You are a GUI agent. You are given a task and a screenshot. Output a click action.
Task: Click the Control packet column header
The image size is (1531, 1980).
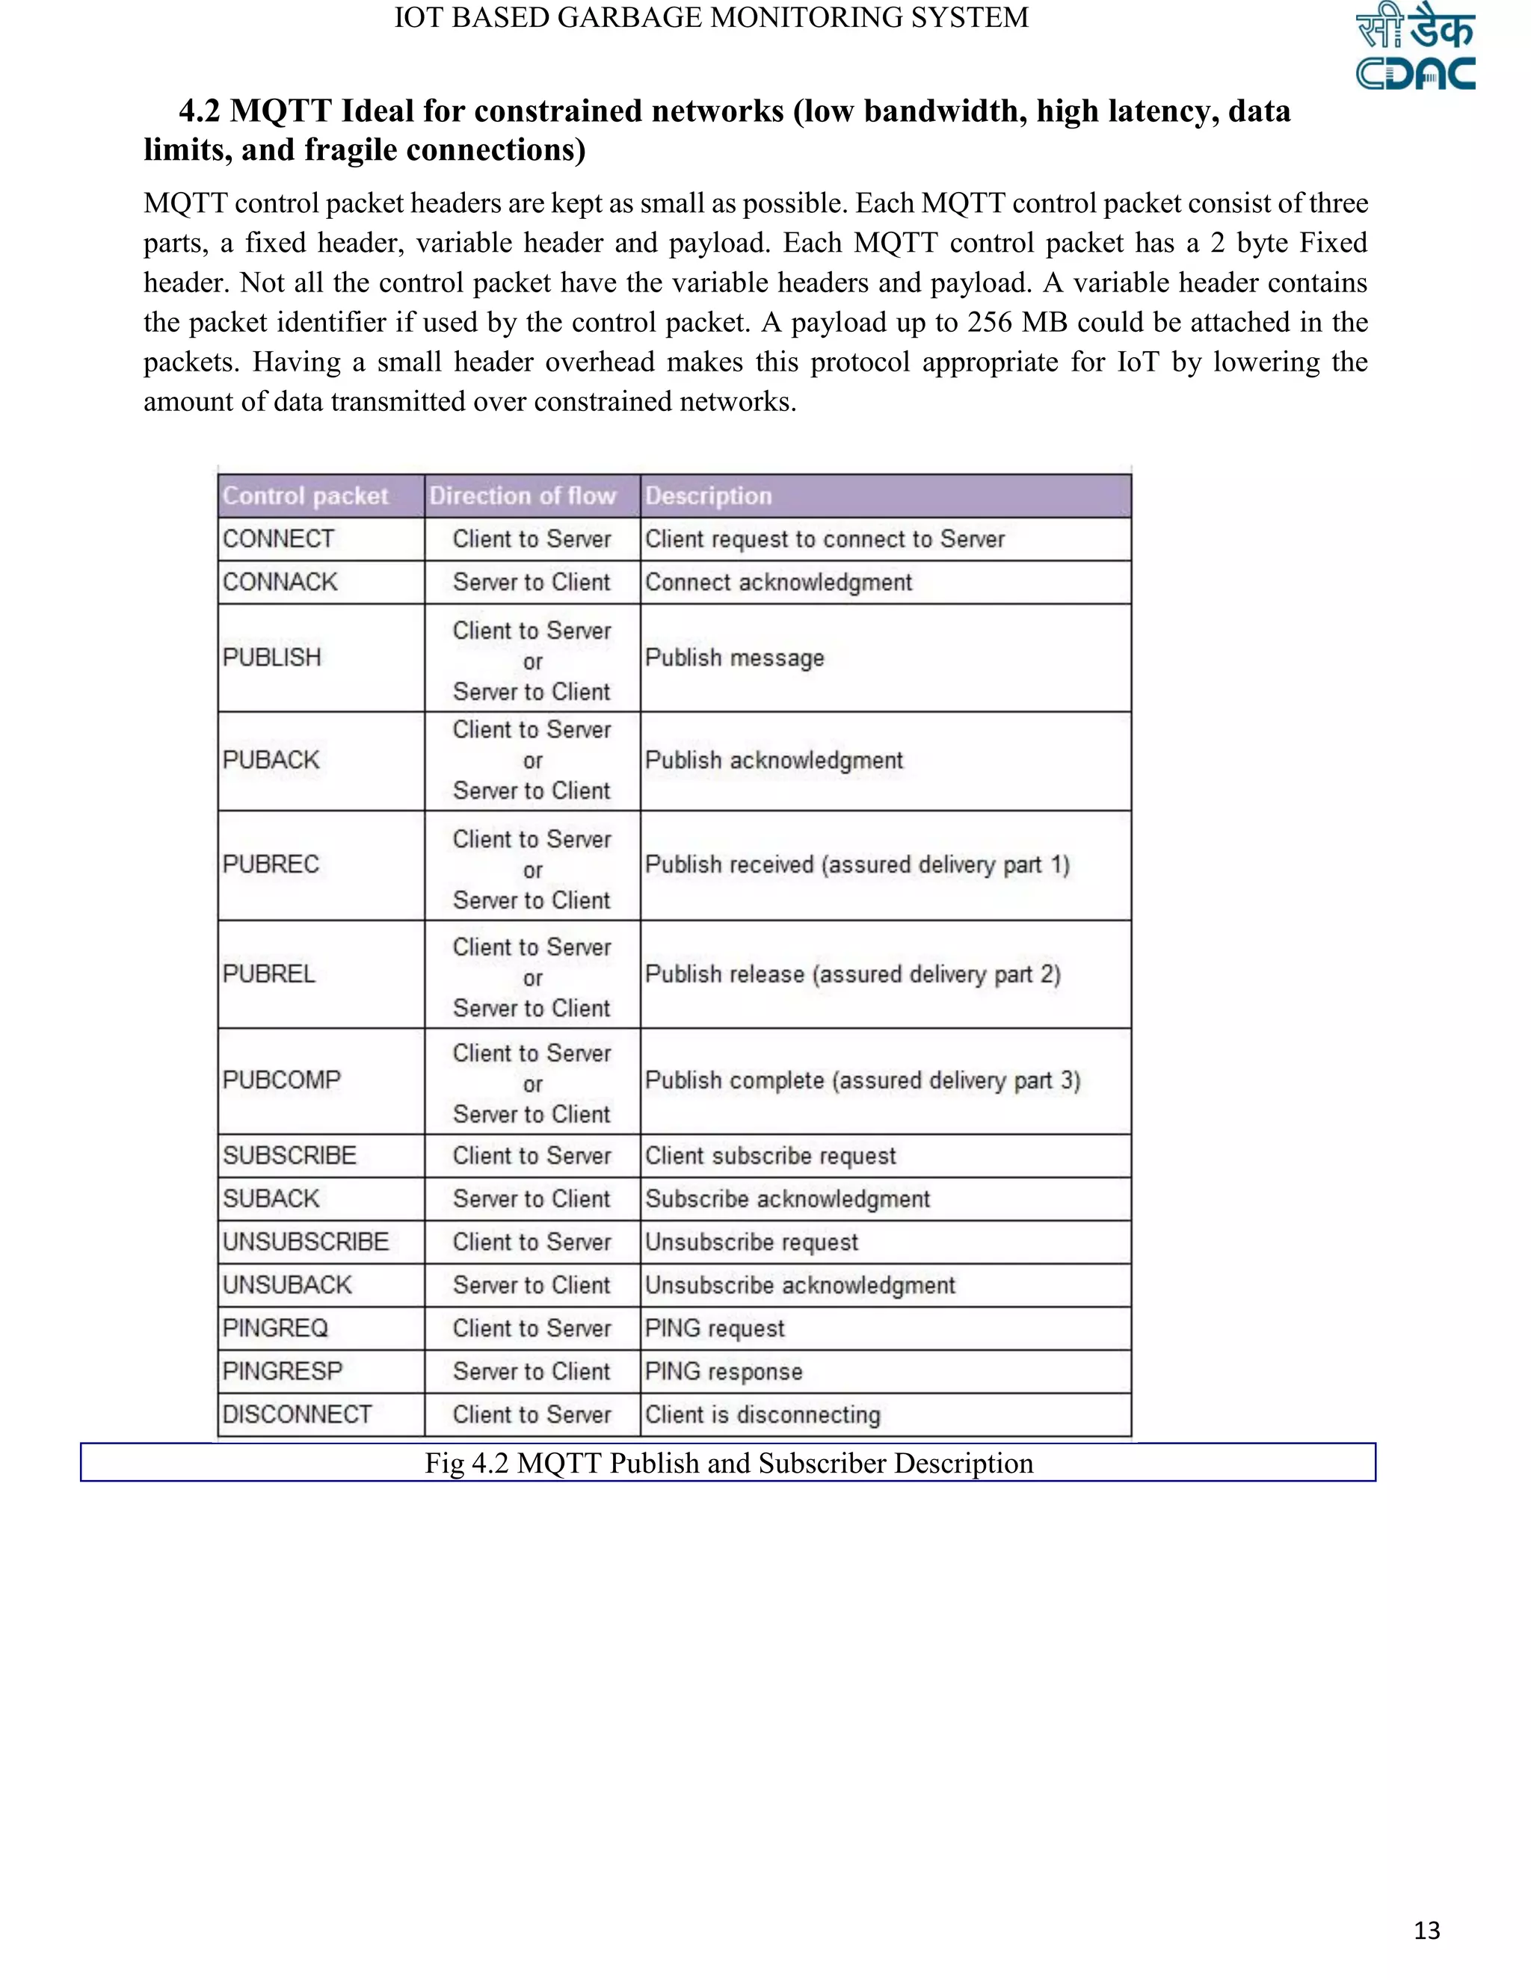click(306, 496)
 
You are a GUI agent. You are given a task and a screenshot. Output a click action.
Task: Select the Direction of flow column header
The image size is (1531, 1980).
click(523, 496)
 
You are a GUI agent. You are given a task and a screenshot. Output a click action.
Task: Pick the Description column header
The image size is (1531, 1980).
click(709, 496)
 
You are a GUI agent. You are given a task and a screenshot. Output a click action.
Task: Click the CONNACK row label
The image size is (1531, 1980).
click(280, 582)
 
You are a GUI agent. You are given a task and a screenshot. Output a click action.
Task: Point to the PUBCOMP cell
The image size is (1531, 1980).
click(282, 1080)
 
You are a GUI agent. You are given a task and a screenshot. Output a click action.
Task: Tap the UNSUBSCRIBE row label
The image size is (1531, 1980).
click(306, 1242)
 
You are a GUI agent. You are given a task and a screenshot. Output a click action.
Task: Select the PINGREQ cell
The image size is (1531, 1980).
click(275, 1328)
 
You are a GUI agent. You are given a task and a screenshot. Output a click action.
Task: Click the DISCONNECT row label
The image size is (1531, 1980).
click(298, 1414)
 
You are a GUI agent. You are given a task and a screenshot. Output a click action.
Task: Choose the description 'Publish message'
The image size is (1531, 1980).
click(735, 658)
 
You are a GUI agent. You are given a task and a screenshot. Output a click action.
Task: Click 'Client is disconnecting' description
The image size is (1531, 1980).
click(763, 1415)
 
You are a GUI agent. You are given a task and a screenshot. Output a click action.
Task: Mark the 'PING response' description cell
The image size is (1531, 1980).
click(724, 1372)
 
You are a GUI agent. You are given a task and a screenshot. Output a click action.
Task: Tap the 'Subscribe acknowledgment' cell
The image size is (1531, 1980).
click(787, 1199)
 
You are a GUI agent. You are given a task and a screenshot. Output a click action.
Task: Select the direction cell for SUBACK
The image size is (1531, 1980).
click(532, 1199)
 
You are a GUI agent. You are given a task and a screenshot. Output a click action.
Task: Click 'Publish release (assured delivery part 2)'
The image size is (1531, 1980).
click(852, 974)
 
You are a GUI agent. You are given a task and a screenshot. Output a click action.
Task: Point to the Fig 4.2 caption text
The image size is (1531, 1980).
click(728, 1463)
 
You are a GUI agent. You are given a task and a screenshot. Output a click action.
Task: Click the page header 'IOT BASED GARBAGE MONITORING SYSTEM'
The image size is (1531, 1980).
click(711, 18)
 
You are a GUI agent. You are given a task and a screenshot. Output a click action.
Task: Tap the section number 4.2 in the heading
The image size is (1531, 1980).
click(200, 111)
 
